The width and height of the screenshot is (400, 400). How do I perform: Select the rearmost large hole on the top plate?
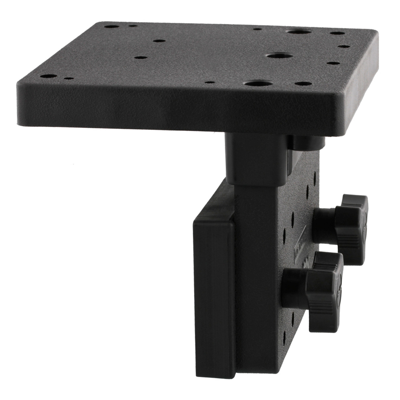pos(299,32)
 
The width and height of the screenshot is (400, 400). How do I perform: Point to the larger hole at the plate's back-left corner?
pos(111,27)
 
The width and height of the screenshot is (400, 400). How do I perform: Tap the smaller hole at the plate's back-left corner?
pos(133,26)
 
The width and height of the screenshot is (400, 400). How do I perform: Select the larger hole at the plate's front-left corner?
pos(47,76)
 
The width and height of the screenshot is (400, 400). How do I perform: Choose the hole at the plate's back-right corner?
pos(337,33)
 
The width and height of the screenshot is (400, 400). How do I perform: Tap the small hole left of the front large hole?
pos(210,82)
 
